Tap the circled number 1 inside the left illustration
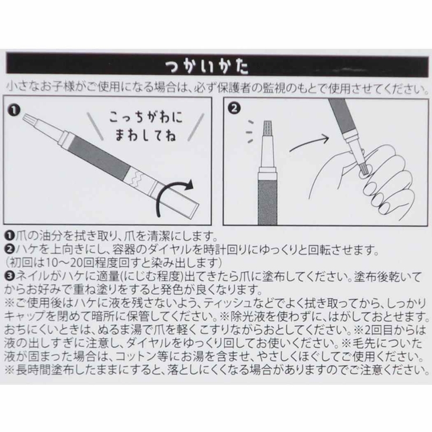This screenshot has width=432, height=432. click(15, 109)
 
